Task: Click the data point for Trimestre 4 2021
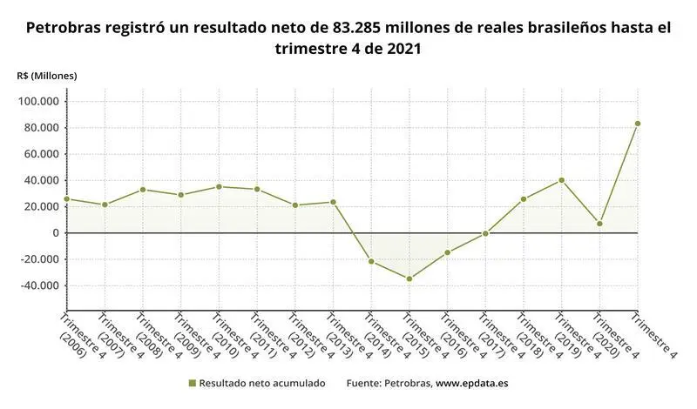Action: (x=638, y=124)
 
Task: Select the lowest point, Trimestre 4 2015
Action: (x=409, y=278)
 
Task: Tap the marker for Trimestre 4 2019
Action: (x=562, y=180)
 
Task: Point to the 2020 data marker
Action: (x=599, y=224)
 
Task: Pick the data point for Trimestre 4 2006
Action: (x=67, y=199)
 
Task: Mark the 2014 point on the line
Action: (x=371, y=261)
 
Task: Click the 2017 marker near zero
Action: (x=485, y=233)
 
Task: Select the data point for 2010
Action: (x=219, y=187)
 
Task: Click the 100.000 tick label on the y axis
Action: (x=38, y=102)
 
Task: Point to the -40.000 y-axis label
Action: (x=38, y=285)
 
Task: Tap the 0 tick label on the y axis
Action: (x=55, y=233)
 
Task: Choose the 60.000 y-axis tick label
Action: (x=41, y=154)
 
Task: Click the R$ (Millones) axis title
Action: (x=47, y=76)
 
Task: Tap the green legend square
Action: (x=192, y=383)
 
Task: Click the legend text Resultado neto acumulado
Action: (x=262, y=383)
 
